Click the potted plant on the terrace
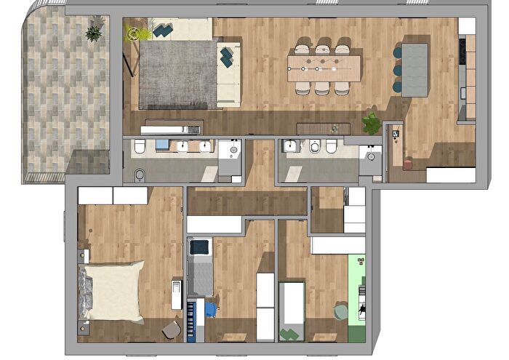[x=93, y=32]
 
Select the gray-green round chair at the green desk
[x=341, y=311]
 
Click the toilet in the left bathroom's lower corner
[x=140, y=175]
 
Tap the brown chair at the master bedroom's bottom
[x=172, y=329]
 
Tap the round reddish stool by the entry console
[x=407, y=164]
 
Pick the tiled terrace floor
[x=65, y=102]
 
